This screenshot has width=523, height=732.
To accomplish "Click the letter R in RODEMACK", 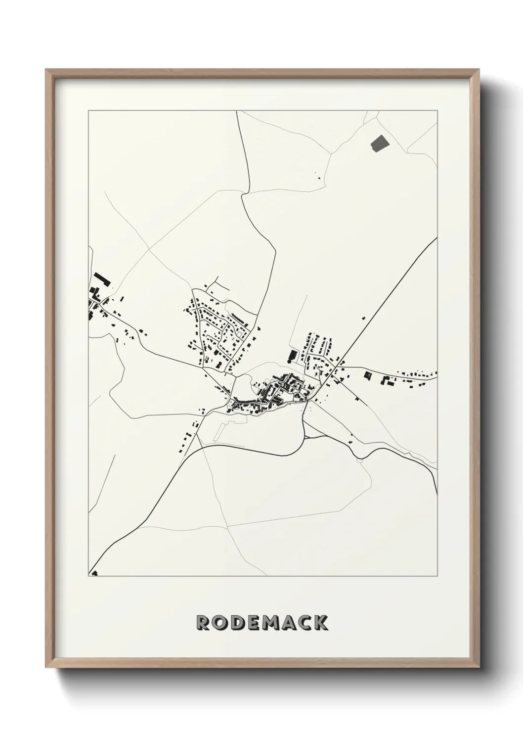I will [x=204, y=623].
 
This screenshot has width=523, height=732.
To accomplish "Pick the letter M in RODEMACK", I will [x=272, y=623].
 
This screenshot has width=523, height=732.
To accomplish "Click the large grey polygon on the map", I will [x=379, y=143].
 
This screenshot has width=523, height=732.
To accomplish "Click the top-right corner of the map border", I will [x=437, y=111].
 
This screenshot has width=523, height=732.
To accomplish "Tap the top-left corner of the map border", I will [x=88, y=111].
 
